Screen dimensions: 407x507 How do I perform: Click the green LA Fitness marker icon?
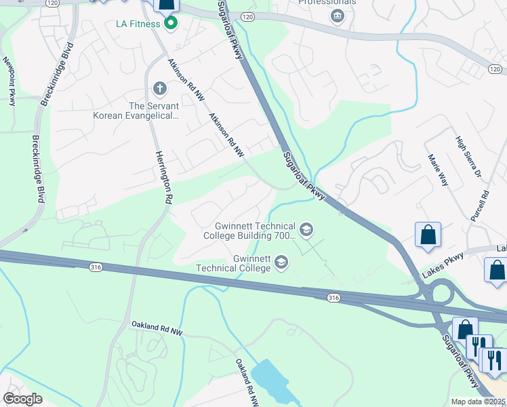click(x=171, y=25)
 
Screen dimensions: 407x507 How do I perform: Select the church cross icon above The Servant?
click(x=160, y=88)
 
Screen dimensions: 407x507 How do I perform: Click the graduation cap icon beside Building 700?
click(x=306, y=230)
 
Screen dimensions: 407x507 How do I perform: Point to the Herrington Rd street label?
click(x=163, y=177)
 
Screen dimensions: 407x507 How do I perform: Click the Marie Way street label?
click(x=438, y=170)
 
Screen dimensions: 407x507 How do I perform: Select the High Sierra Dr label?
click(x=468, y=157)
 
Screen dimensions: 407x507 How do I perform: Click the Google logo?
click(x=22, y=399)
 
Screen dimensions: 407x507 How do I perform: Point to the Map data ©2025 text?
click(x=479, y=402)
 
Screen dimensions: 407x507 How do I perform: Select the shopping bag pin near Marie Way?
click(x=428, y=235)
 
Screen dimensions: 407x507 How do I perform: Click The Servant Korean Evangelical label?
click(x=136, y=111)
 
